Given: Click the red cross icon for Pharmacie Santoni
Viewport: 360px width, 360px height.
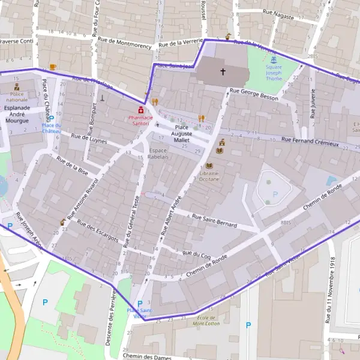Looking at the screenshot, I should point(140,110).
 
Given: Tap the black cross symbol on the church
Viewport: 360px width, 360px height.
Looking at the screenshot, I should point(223,72).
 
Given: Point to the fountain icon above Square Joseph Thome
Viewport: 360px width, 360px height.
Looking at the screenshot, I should point(274,60).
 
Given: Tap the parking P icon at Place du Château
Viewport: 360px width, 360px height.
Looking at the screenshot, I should point(51,118).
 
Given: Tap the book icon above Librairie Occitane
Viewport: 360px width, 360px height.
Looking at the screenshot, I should point(209,166).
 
